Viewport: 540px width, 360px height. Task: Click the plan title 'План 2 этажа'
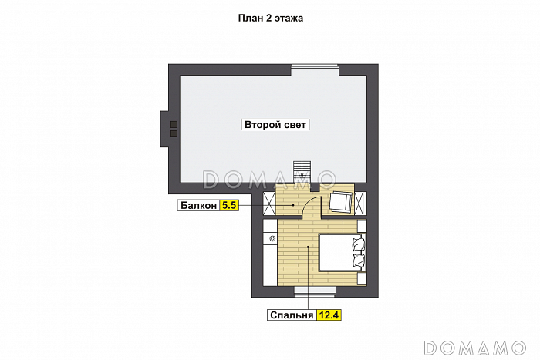click(x=270, y=18)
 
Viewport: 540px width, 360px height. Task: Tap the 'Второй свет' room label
click(x=275, y=125)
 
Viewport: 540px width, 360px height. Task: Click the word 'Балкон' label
click(x=198, y=206)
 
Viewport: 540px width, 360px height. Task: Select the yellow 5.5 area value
click(x=229, y=206)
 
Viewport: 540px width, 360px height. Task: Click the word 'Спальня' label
click(x=292, y=315)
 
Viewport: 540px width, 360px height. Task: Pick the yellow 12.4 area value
click(x=329, y=315)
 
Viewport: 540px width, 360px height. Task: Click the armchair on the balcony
click(x=341, y=201)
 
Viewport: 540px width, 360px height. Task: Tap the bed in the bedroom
click(x=343, y=253)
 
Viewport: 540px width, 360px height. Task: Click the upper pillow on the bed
click(x=359, y=244)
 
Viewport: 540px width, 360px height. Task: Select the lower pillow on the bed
click(x=359, y=260)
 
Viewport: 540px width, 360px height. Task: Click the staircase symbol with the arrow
click(x=302, y=172)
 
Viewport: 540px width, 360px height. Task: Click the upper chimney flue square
click(x=174, y=125)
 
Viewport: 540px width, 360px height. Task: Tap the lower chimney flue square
click(x=174, y=133)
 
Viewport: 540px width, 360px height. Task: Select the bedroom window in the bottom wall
click(x=315, y=291)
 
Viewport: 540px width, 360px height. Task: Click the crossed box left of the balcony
click(x=269, y=204)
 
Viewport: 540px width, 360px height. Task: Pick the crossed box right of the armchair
click(x=360, y=204)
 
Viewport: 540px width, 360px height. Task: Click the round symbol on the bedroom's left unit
click(x=272, y=238)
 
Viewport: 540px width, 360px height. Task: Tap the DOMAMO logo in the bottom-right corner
click(x=475, y=348)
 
